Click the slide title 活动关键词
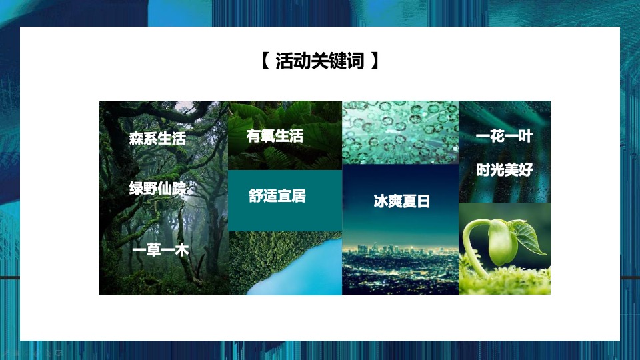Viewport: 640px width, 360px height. pyautogui.click(x=320, y=62)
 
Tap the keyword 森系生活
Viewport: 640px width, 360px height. pyautogui.click(x=157, y=139)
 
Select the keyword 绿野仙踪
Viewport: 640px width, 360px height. pyautogui.click(x=157, y=189)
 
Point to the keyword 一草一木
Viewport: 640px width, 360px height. pyautogui.click(x=161, y=251)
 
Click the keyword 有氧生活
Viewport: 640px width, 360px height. pyautogui.click(x=275, y=137)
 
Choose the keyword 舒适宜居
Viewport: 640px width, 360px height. pyautogui.click(x=277, y=197)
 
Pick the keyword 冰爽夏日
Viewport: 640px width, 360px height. pyautogui.click(x=401, y=202)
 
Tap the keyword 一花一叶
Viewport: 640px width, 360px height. pyautogui.click(x=504, y=137)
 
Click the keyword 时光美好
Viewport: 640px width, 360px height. pyautogui.click(x=505, y=170)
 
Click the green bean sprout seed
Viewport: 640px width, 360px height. pyautogui.click(x=503, y=243)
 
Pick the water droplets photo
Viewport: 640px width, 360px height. pyautogui.click(x=400, y=132)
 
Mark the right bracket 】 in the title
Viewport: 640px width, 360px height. pyautogui.click(x=376, y=62)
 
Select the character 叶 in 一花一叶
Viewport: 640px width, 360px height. pyautogui.click(x=525, y=137)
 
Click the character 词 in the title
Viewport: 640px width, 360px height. pyautogui.click(x=356, y=62)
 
